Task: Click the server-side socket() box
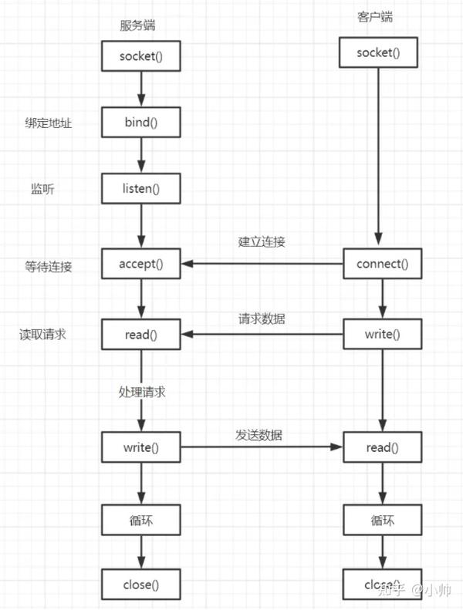(x=141, y=56)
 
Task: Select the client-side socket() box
(x=377, y=52)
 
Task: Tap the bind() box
(x=141, y=122)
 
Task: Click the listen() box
(x=141, y=187)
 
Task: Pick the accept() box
(x=141, y=263)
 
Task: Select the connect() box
(x=382, y=263)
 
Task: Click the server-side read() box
(x=141, y=334)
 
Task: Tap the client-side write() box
(x=382, y=334)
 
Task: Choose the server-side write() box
(x=141, y=447)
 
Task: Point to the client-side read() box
(x=382, y=447)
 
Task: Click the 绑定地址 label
(x=48, y=122)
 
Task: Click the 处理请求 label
(x=142, y=392)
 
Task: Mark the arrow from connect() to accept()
(x=262, y=264)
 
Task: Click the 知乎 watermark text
(x=390, y=590)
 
